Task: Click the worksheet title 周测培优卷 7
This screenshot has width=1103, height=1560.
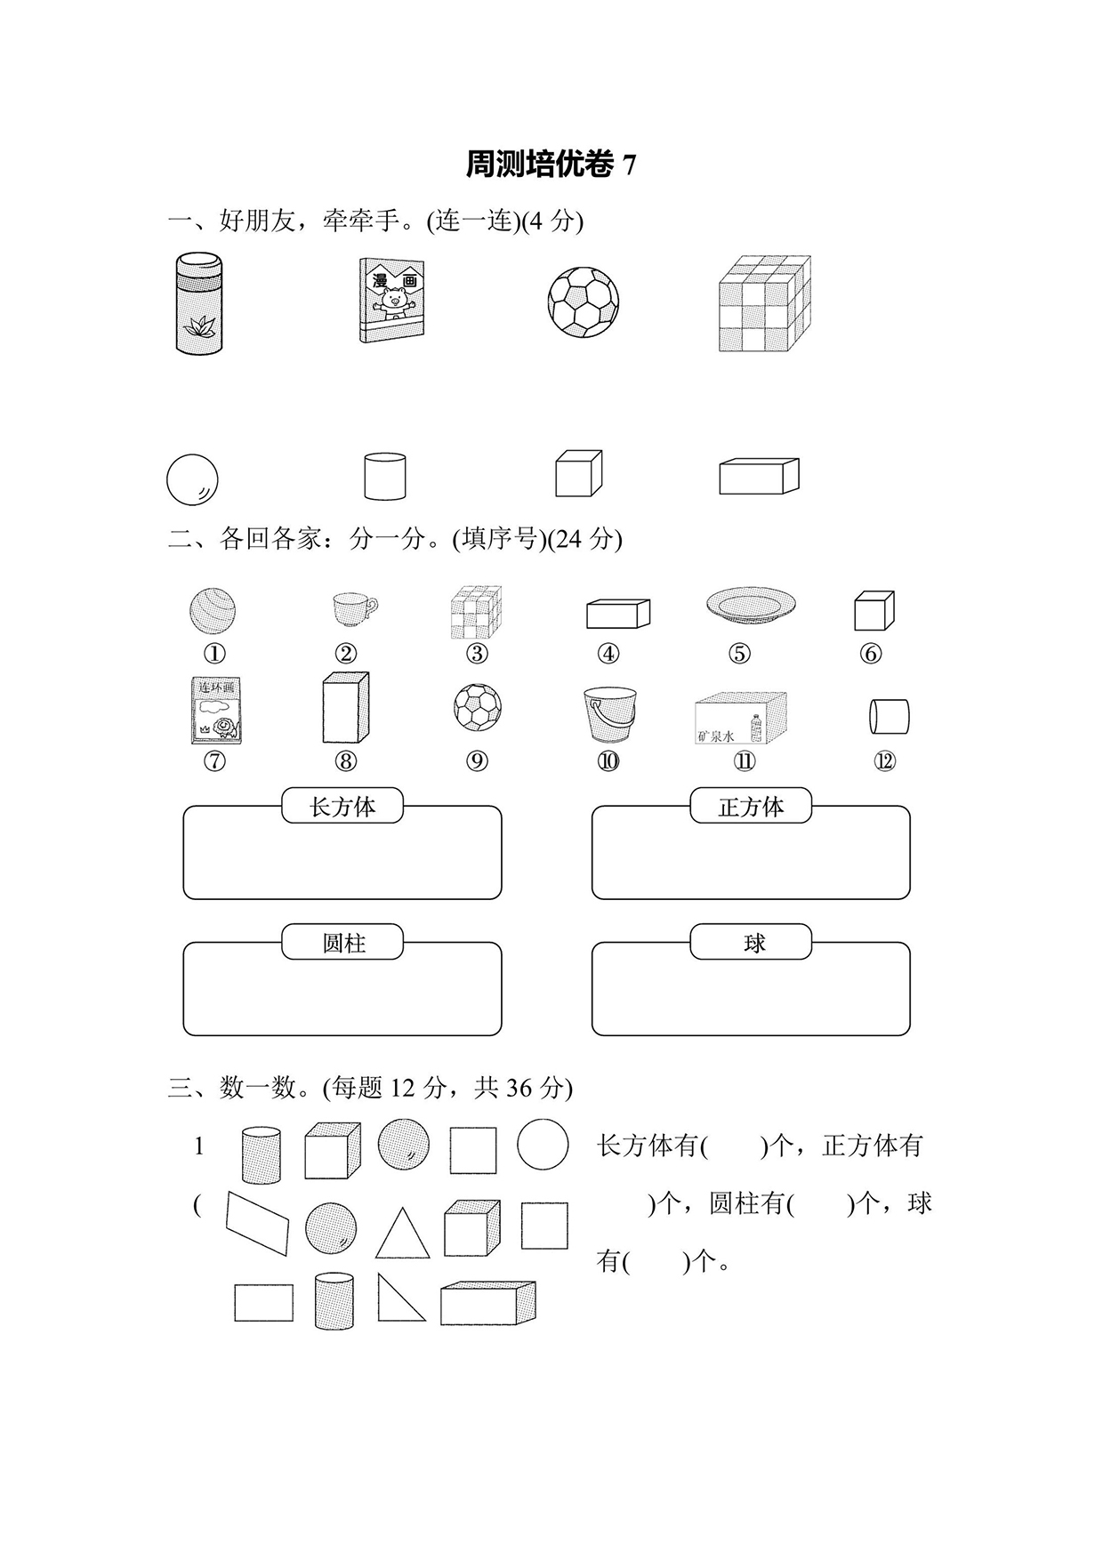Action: tap(551, 165)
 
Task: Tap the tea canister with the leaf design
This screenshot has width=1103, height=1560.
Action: tap(199, 303)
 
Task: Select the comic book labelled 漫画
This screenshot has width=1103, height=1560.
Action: tap(391, 301)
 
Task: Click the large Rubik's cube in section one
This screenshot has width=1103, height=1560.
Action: tap(764, 303)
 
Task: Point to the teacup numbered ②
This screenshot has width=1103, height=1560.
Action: tap(352, 609)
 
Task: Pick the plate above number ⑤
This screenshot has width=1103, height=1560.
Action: tap(750, 604)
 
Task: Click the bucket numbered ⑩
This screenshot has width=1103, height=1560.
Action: tap(609, 713)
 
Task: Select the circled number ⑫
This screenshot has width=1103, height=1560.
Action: tap(884, 761)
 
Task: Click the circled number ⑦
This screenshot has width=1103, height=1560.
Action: tap(214, 761)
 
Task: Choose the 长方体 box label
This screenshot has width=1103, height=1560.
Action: tap(342, 807)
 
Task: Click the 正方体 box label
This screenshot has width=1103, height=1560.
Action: tap(751, 807)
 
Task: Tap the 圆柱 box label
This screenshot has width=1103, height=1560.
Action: tap(342, 943)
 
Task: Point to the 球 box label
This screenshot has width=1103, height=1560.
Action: tap(751, 943)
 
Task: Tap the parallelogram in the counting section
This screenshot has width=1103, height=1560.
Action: tap(258, 1223)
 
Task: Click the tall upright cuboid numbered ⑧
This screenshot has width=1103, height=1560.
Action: tap(345, 708)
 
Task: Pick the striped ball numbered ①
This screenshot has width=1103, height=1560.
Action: tap(213, 611)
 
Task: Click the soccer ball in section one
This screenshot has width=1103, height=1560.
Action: tap(584, 302)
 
